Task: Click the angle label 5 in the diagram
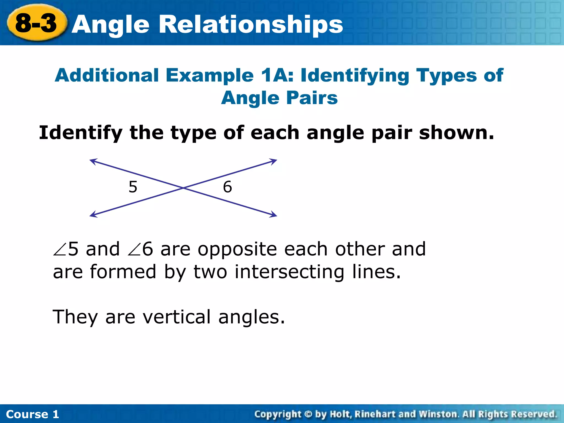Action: (x=133, y=187)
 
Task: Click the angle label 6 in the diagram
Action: (x=227, y=187)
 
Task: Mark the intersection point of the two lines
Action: (x=183, y=188)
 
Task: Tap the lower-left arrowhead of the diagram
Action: (x=93, y=215)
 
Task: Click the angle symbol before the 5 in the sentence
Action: (x=60, y=250)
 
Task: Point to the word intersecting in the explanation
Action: (x=289, y=272)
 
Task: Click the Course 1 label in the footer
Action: (x=32, y=414)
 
